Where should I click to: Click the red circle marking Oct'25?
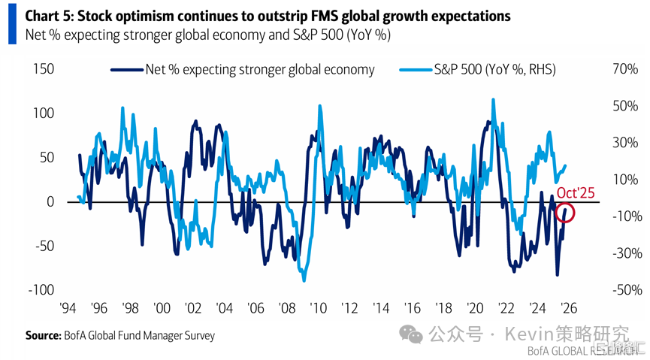[567, 213]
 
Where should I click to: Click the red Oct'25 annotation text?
[575, 194]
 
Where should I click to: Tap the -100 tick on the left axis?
[41, 290]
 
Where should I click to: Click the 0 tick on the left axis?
[51, 201]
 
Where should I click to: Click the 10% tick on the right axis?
[604, 180]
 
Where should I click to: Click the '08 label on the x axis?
[287, 308]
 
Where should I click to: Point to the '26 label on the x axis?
[569, 308]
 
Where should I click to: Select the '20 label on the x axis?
[475, 308]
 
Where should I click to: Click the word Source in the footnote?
[42, 336]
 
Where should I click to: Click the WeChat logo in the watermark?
[411, 334]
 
